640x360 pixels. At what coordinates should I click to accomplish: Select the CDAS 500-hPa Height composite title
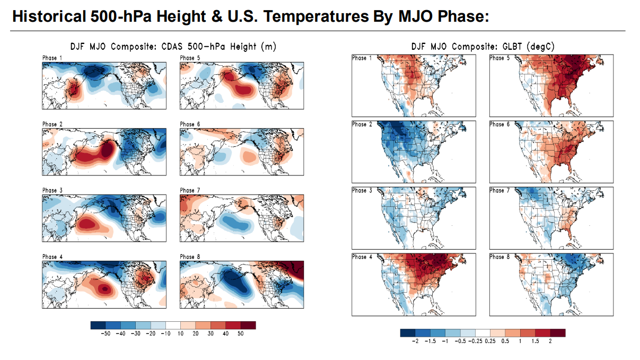[173, 47]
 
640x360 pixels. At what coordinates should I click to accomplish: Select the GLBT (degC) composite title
[483, 47]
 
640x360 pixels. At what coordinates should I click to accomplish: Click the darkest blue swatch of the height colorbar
[98, 325]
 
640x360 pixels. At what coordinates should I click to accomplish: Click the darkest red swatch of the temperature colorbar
[558, 332]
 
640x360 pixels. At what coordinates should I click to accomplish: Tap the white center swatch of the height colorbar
[173, 325]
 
